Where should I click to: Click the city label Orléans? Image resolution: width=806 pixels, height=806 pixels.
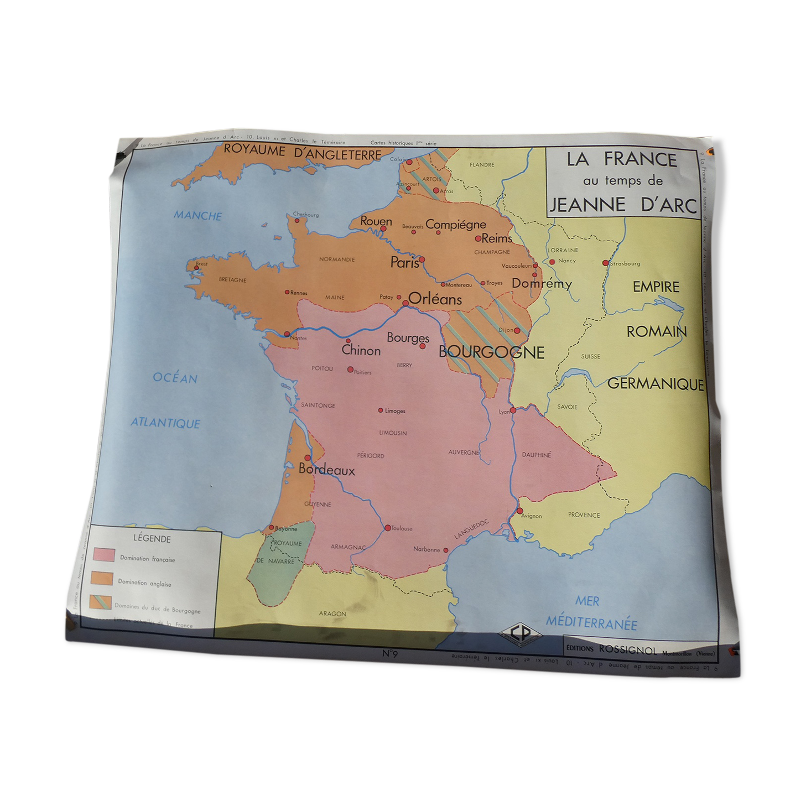coord(435,299)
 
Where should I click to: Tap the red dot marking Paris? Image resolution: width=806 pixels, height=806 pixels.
coord(422,259)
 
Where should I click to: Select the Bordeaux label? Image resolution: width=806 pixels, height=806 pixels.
coord(326,470)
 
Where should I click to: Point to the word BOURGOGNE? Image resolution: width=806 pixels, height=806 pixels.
coord(491,352)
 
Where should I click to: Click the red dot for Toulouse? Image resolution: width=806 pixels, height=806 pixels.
coord(387,528)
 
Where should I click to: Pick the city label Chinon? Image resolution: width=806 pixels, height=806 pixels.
coord(361,350)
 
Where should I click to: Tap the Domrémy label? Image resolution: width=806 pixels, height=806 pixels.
coord(542,284)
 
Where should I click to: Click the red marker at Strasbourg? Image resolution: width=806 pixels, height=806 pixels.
coord(605,263)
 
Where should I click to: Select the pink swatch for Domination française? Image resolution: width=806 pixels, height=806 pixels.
coord(104,554)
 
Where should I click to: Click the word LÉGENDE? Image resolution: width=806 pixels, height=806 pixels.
coord(152,538)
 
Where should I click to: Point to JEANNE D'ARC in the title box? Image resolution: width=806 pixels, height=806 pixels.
coord(623,205)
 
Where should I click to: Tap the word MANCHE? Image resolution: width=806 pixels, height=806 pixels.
coord(197,216)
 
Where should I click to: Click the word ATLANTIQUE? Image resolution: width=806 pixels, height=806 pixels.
coord(165,423)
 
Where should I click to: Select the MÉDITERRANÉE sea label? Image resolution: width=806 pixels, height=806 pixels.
coord(591,623)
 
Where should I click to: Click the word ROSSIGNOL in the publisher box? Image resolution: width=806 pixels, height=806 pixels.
coord(627,650)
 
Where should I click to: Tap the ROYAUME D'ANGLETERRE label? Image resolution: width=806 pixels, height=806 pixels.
coord(302,152)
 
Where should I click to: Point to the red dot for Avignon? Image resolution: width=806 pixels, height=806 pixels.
coord(519,511)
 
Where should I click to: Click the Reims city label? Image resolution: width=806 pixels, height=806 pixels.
coord(496,238)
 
